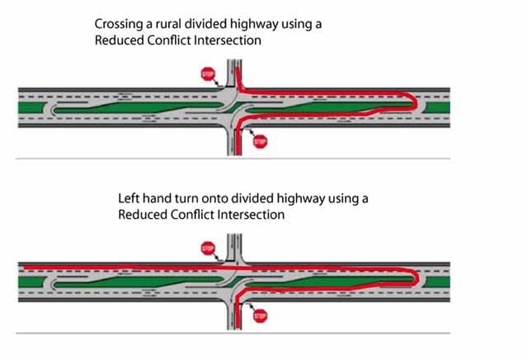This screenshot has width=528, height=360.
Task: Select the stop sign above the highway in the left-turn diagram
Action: click(x=206, y=247)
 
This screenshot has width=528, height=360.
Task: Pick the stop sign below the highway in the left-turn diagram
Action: click(x=260, y=315)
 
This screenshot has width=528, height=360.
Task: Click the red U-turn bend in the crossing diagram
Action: click(x=411, y=102)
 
